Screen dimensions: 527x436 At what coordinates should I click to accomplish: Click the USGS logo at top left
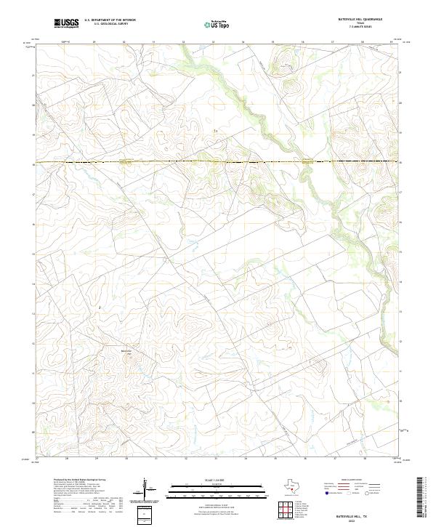coord(66,23)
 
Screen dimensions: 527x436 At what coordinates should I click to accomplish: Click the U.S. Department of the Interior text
coord(110,20)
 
